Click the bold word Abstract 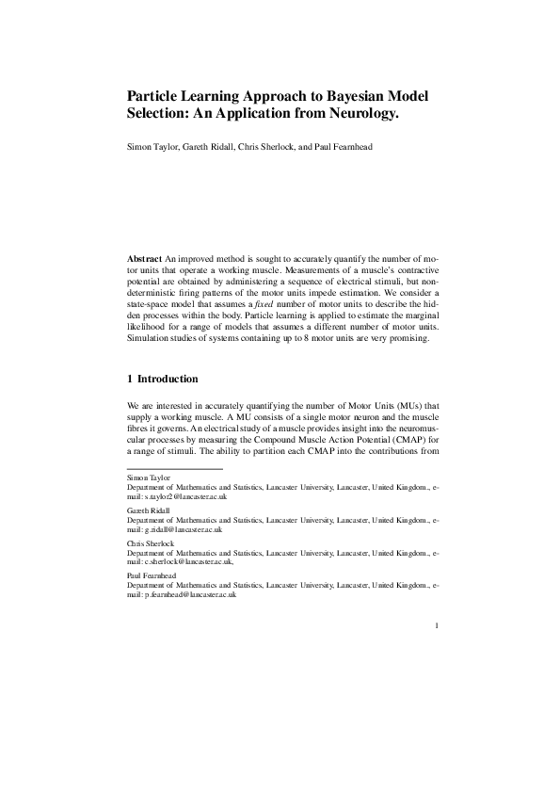tap(145, 257)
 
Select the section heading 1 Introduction tap(162, 379)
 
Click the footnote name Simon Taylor tap(151, 478)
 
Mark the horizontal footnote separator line tap(174, 468)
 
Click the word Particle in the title tap(156, 96)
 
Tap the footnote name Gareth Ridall tap(151, 510)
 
